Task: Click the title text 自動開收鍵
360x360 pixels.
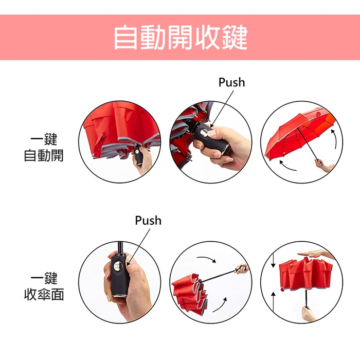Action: point(181,38)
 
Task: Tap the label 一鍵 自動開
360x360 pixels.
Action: point(44,147)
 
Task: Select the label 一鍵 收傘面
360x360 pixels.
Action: point(44,286)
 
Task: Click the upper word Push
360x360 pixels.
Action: point(231,82)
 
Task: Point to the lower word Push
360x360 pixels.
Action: point(148,221)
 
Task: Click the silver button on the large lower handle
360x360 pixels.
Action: point(118,267)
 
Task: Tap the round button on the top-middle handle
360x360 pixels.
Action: point(204,133)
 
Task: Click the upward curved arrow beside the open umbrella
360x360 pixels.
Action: point(334,139)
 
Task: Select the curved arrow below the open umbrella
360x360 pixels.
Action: point(287,167)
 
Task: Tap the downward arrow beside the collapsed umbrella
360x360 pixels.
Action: point(273,260)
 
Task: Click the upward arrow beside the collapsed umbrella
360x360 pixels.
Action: point(273,301)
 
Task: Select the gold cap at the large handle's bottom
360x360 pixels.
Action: point(119,296)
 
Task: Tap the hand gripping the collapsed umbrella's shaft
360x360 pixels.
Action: point(309,314)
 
